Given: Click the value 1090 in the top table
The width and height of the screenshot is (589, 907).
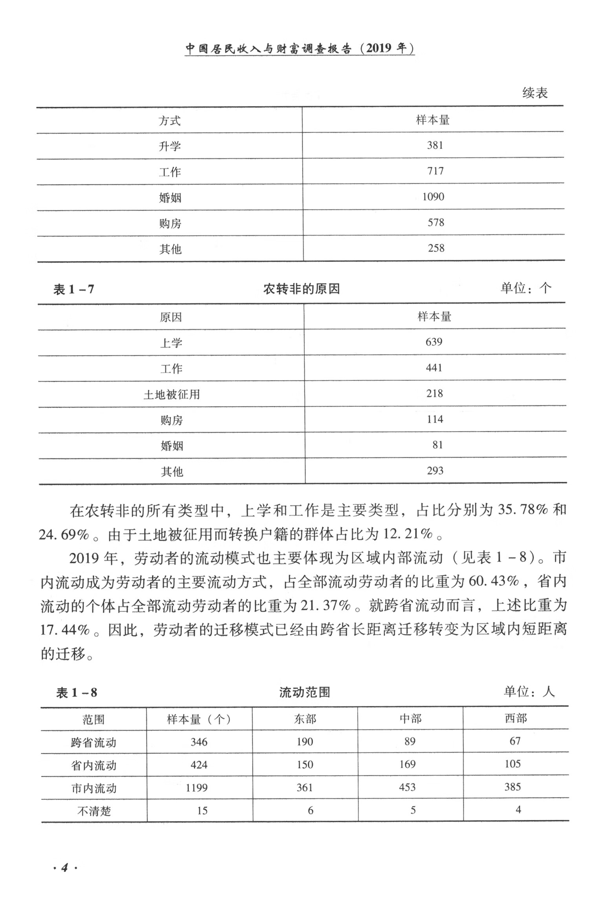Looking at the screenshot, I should tap(433, 197).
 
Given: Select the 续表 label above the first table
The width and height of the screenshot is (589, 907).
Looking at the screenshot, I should tap(535, 93).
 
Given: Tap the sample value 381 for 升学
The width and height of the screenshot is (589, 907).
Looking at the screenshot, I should tap(435, 145).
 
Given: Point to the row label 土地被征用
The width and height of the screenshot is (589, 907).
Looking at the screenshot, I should tap(172, 394).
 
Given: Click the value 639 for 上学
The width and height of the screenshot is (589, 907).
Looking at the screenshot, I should tap(434, 342).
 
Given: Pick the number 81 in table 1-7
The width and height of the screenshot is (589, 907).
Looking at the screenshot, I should tap(437, 445).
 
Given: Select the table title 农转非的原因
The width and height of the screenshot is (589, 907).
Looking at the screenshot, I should tap(301, 289).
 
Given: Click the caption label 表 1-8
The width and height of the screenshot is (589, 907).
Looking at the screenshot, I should tap(77, 693).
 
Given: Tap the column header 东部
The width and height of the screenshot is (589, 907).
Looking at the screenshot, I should tap(305, 719).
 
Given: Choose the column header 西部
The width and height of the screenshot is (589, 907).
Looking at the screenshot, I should tap(516, 719).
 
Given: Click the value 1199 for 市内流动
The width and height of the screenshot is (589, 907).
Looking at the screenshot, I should tap(197, 788).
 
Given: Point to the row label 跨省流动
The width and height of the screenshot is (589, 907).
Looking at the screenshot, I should tap(93, 742).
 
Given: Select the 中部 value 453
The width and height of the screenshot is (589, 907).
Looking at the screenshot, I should tap(407, 787).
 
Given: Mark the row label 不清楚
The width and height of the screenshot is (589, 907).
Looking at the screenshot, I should tap(94, 811).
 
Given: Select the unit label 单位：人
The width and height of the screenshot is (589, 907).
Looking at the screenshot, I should tap(529, 692).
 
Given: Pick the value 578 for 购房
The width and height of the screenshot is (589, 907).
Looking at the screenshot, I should tap(436, 223).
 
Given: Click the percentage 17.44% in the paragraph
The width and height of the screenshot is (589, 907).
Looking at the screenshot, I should tap(65, 630).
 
